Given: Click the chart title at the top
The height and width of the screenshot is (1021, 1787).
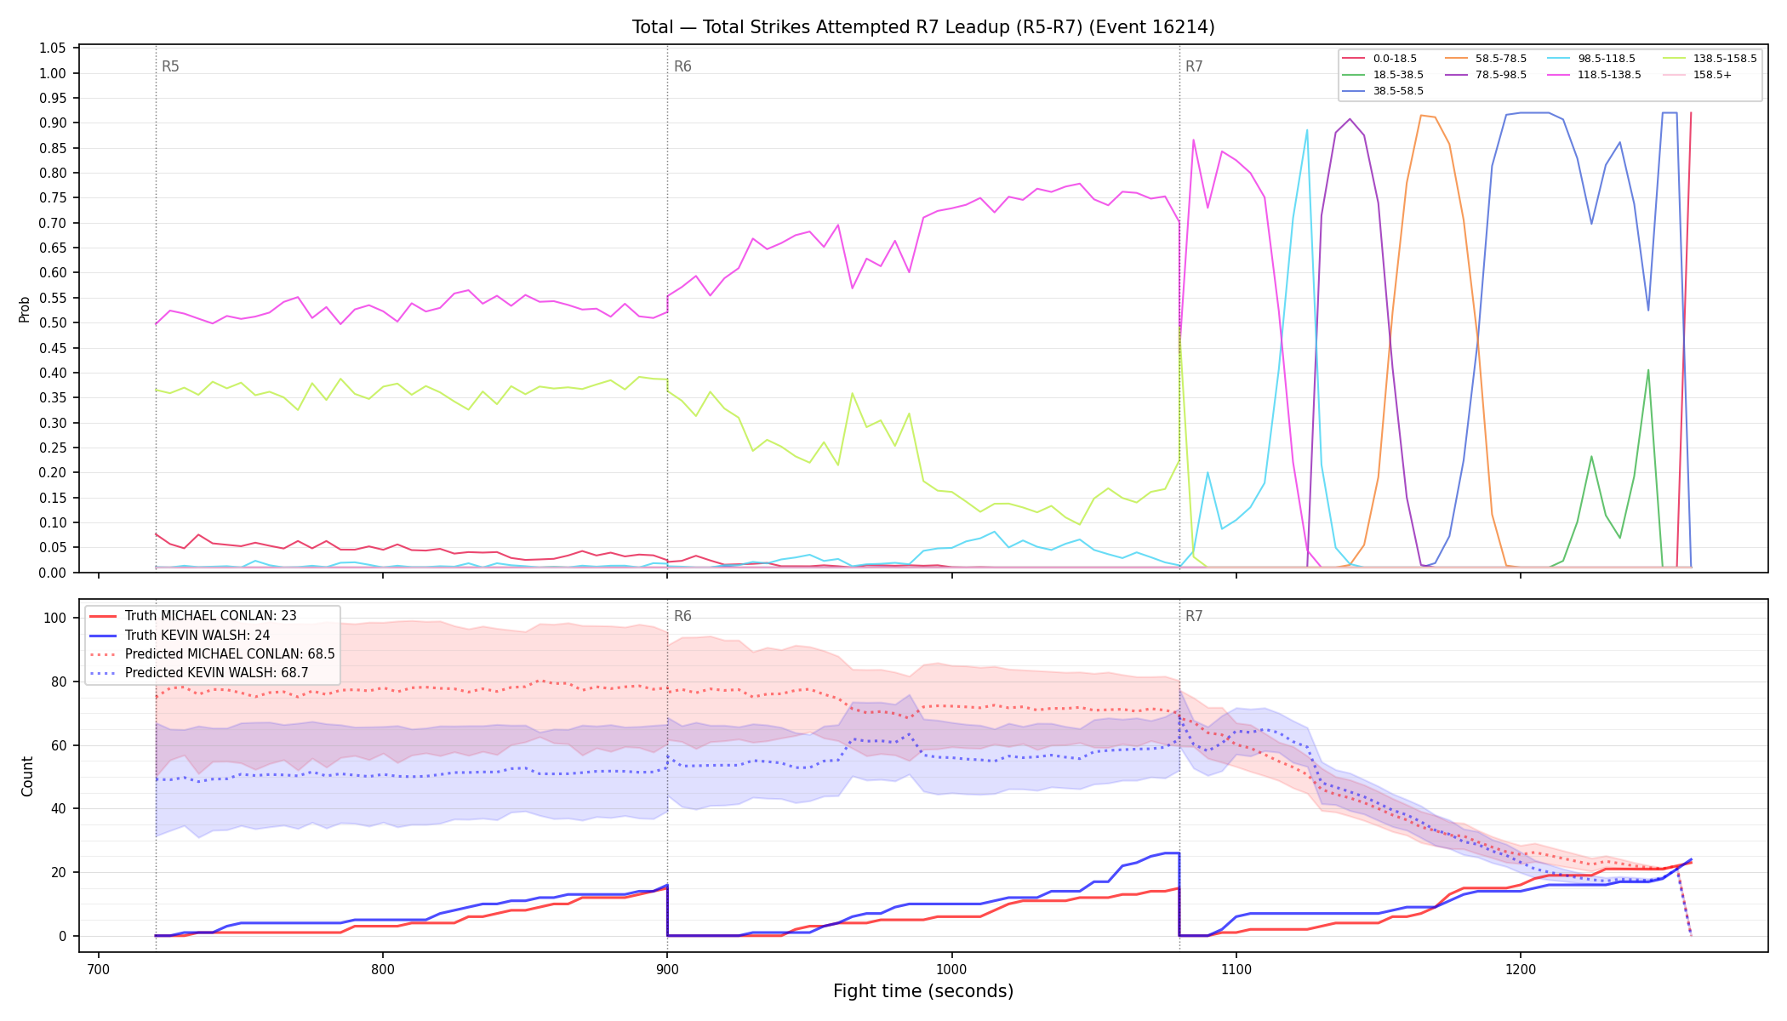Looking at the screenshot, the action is [x=923, y=27].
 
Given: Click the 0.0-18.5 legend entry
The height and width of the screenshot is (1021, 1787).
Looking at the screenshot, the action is [x=1379, y=59].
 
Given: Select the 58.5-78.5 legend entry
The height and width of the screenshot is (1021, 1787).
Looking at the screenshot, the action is [x=1486, y=59].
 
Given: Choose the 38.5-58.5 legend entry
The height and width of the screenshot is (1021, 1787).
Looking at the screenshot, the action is [x=1383, y=90].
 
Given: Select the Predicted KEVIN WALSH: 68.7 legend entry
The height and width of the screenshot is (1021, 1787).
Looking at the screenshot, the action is [x=213, y=673].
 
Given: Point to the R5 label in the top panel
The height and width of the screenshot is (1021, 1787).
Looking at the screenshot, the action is [x=170, y=66].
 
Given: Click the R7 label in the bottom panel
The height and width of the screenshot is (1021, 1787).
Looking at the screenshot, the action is [x=1194, y=616].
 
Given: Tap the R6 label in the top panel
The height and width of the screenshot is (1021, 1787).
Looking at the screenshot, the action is [x=682, y=66].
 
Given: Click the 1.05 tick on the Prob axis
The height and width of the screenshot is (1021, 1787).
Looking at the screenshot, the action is [x=53, y=48].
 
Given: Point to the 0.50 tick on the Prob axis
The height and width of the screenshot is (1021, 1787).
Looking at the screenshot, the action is [x=53, y=323].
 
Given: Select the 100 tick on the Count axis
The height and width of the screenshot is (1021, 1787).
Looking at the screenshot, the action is [x=55, y=619].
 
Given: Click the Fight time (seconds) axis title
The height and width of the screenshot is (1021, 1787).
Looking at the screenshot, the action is [x=923, y=992].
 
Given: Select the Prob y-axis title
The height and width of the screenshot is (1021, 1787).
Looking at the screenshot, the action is [x=25, y=309].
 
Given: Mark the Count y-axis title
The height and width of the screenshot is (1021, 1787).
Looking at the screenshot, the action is [x=27, y=776].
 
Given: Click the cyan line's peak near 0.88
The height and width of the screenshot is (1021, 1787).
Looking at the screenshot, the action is [x=1307, y=130].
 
